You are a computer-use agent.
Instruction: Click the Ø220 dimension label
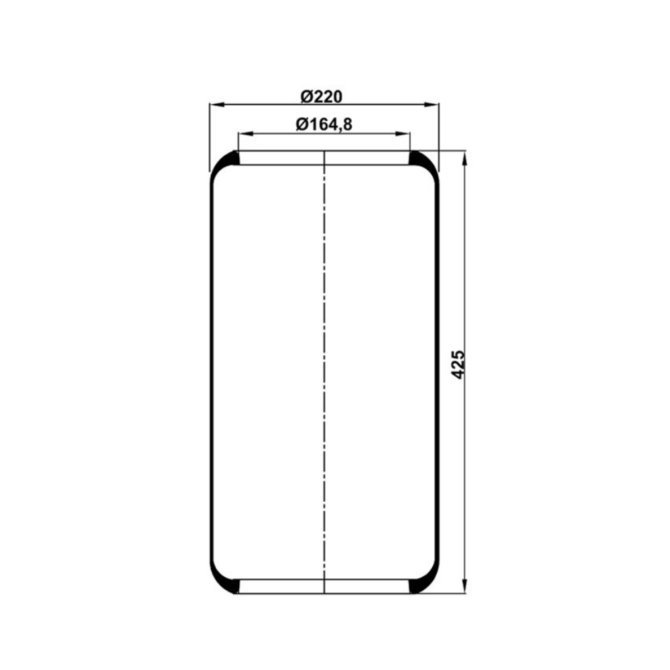(x=322, y=96)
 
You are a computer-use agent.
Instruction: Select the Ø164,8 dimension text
(x=324, y=125)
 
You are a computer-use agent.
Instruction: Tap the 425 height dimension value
(x=458, y=364)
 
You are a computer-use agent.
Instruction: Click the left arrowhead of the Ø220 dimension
(x=217, y=105)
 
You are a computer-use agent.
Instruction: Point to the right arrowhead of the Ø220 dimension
(x=431, y=105)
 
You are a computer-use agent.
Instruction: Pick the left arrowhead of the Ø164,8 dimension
(x=246, y=134)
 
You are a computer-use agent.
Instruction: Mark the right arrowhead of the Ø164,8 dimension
(x=403, y=134)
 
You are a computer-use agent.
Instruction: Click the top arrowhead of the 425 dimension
(x=464, y=158)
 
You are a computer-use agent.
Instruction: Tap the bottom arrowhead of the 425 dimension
(x=464, y=586)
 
